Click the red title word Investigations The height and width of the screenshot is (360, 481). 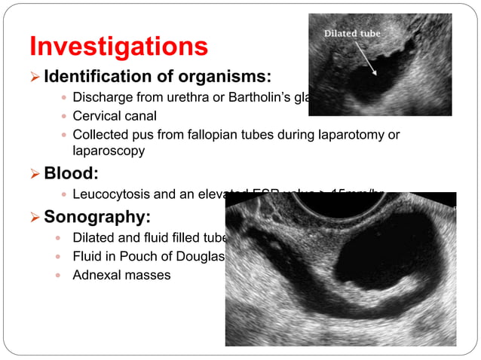(x=118, y=46)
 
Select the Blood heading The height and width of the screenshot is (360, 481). (x=71, y=173)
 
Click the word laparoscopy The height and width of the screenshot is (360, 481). (x=109, y=150)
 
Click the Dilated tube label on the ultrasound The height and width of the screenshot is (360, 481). (x=352, y=34)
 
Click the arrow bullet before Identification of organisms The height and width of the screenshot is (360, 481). (x=35, y=77)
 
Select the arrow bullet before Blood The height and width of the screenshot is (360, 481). (x=35, y=174)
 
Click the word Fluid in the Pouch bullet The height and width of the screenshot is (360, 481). (x=87, y=257)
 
